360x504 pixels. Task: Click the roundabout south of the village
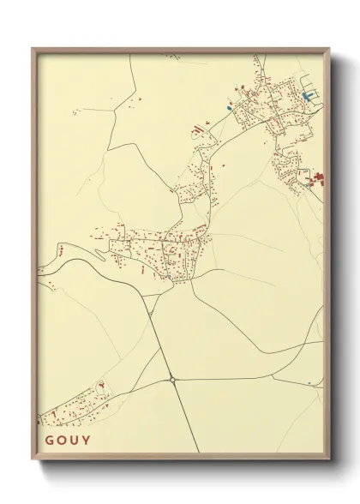172,378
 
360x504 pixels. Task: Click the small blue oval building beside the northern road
230,108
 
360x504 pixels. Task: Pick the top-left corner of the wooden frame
31,46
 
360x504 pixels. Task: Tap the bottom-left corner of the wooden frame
31,459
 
